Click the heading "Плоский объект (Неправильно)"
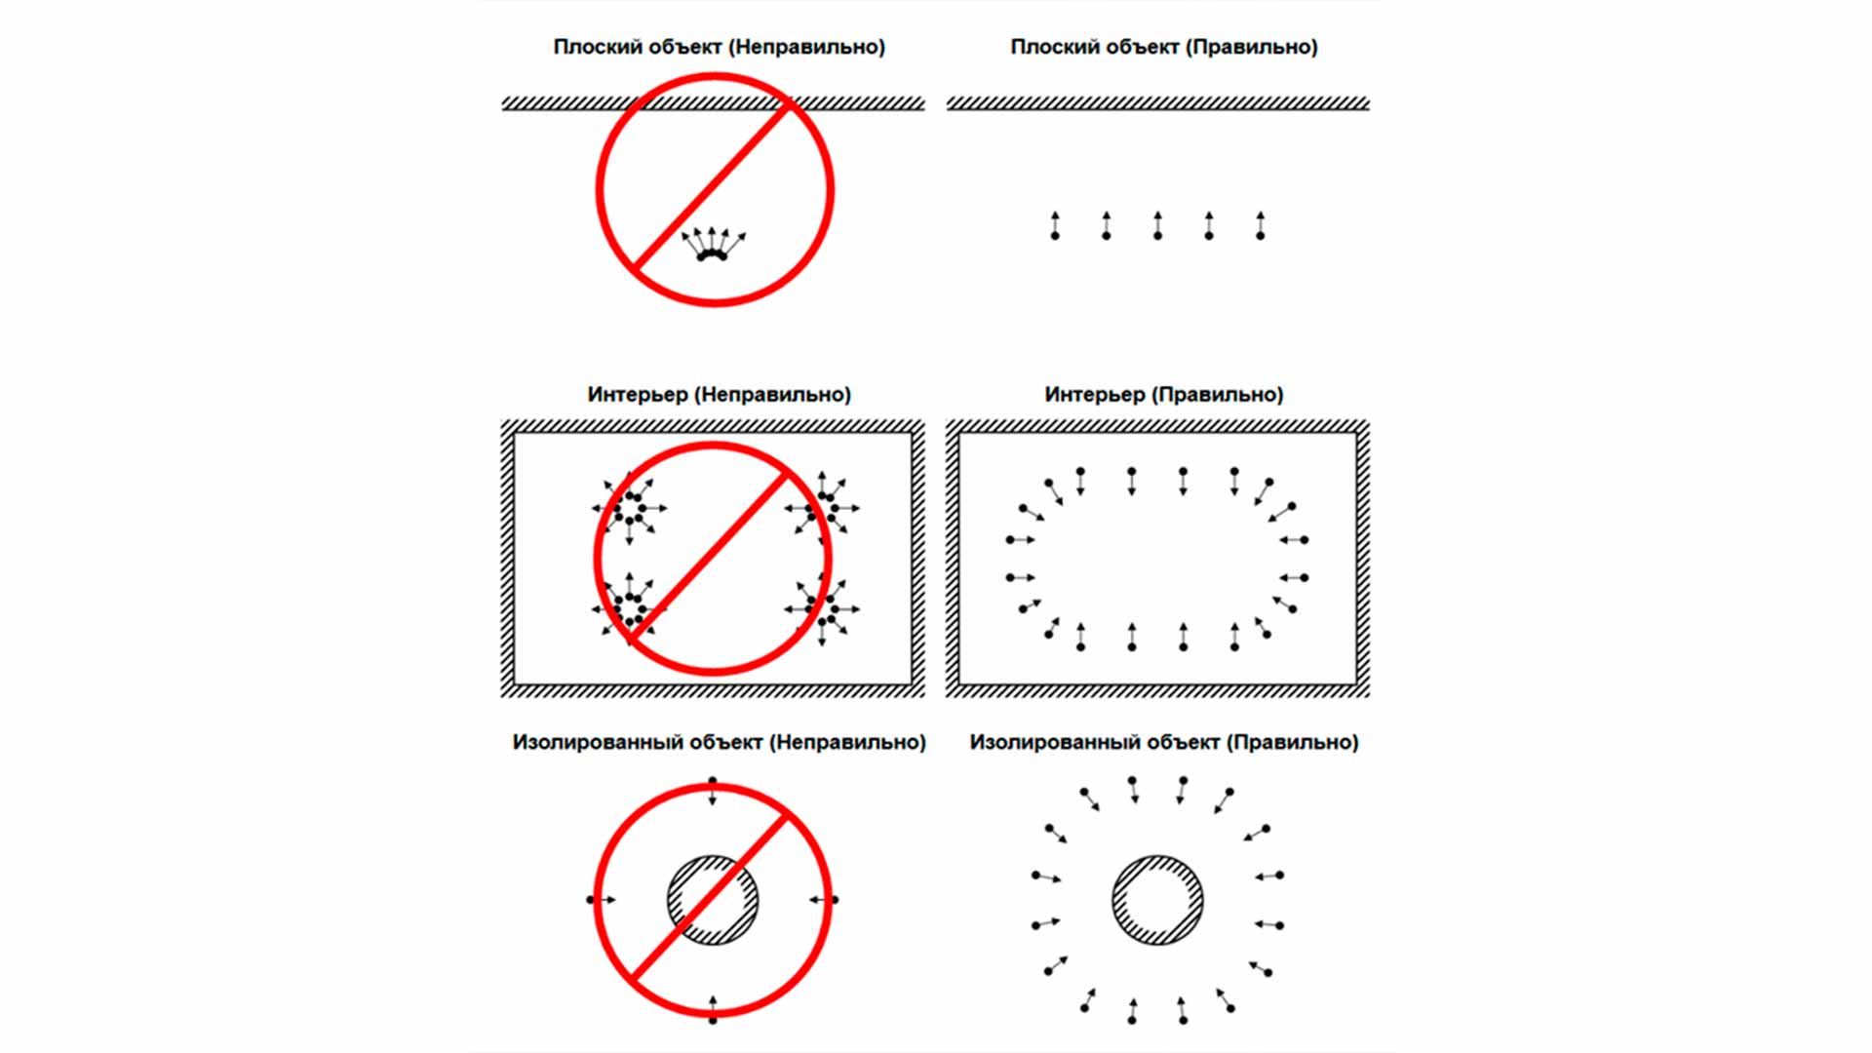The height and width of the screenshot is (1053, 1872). (720, 47)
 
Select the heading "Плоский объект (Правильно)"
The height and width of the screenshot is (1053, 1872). (1164, 47)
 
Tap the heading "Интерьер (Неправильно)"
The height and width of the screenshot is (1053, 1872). (720, 395)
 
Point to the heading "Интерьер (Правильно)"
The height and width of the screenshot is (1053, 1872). (1164, 395)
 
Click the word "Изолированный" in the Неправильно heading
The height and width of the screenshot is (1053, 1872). (598, 743)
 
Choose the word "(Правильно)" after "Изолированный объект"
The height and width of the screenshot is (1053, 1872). (1292, 743)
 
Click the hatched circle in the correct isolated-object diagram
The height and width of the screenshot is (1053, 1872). (1157, 900)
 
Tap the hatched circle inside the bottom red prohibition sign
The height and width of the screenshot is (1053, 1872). (713, 900)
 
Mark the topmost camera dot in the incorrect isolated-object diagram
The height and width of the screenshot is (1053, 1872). (713, 782)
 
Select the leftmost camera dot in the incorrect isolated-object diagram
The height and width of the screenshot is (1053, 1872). (591, 899)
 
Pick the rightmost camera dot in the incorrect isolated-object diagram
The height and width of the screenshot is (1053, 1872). (835, 899)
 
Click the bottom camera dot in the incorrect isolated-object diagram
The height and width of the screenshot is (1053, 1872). (713, 1020)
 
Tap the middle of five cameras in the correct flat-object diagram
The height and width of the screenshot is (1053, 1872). (1157, 225)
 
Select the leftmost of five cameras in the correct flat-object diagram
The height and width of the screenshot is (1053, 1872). (1055, 225)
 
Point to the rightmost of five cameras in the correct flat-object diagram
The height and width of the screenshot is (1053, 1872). (1261, 225)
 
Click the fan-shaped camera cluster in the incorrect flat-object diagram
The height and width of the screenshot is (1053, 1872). (713, 244)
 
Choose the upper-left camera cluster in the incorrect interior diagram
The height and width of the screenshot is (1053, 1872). (630, 509)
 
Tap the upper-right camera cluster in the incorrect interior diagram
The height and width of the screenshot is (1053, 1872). (823, 509)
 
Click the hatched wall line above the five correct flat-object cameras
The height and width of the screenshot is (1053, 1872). (1158, 103)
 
